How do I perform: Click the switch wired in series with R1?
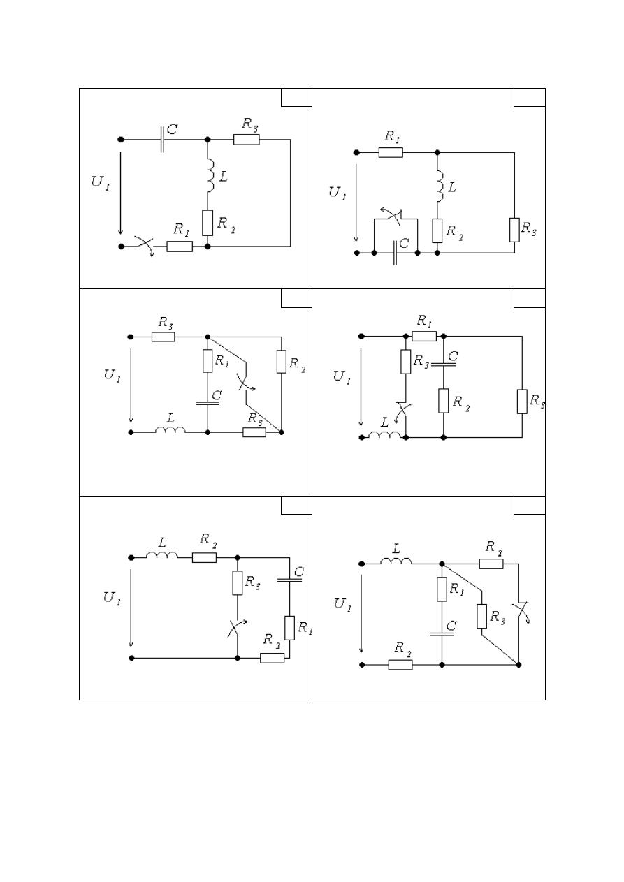144,246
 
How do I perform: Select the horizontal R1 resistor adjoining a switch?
180,247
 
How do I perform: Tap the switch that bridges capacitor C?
393,216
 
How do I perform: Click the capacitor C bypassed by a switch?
395,253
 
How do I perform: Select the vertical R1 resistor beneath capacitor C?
289,628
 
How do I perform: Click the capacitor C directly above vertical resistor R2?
443,365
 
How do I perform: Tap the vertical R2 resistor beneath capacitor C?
443,401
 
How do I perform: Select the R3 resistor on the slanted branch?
481,616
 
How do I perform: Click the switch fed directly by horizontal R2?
522,612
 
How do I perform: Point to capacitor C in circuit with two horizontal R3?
208,403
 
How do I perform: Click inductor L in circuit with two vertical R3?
384,434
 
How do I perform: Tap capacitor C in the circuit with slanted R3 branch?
442,634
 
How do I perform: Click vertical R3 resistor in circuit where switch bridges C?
514,230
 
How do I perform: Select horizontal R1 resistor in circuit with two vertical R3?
424,337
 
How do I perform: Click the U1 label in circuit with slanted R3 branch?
342,604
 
